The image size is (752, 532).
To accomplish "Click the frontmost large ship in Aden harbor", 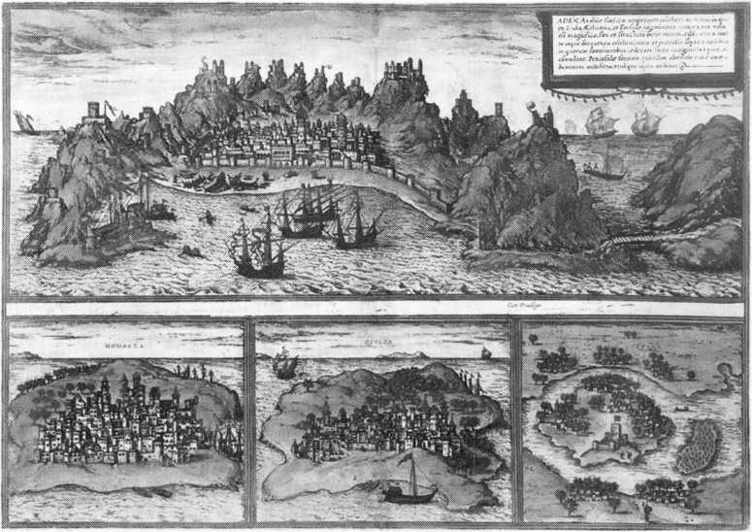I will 257,251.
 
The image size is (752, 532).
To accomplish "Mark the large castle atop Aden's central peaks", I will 405,71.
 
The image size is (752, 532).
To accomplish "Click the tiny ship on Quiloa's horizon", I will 486,351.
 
